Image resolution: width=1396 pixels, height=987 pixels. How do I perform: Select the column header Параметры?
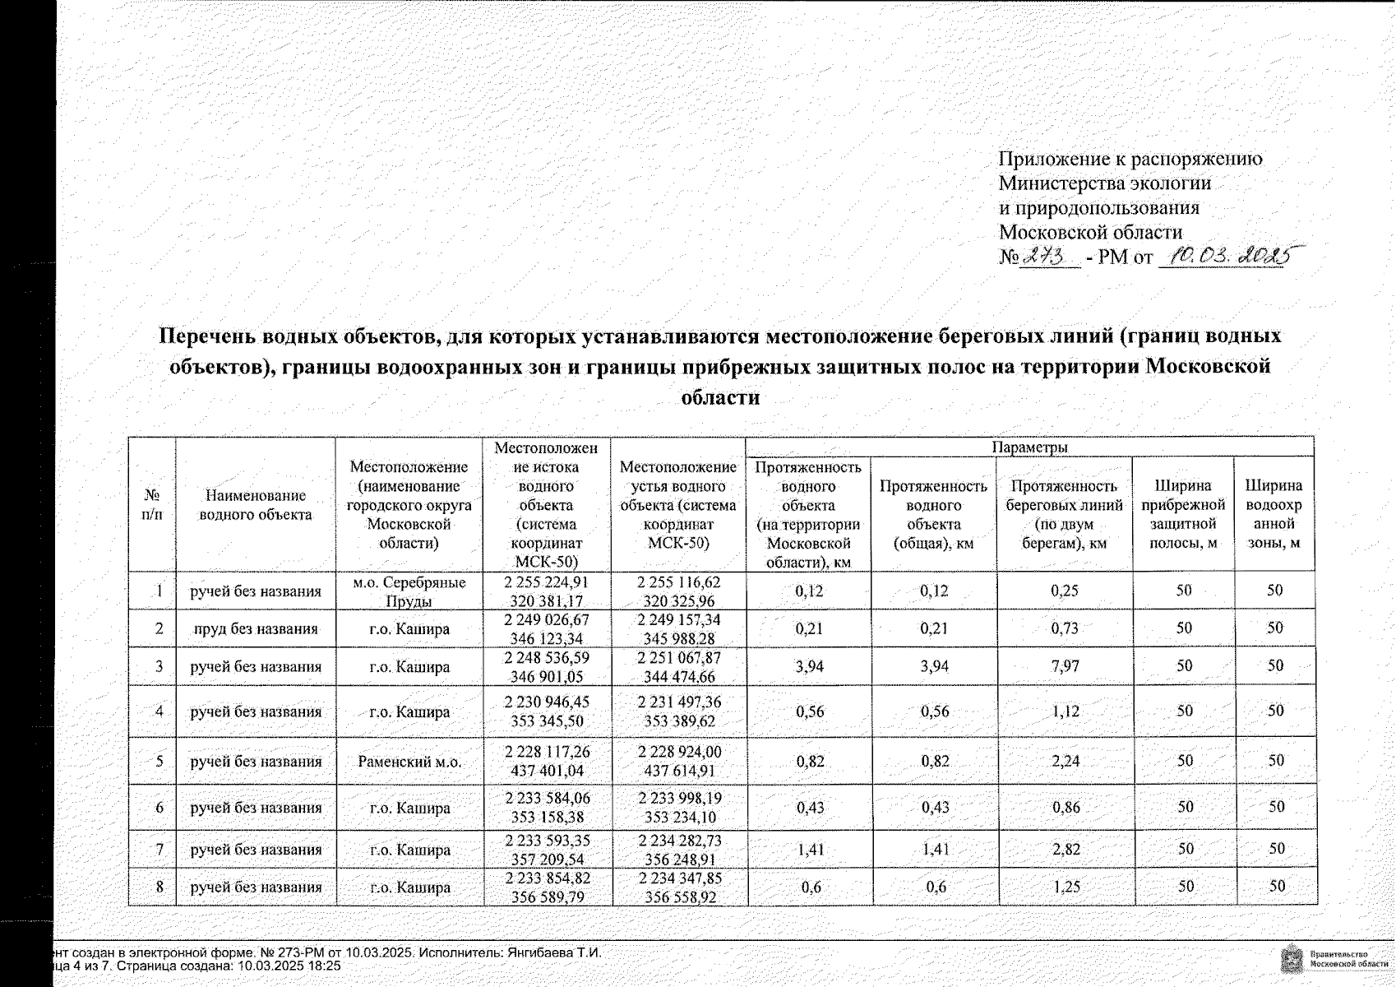tap(1029, 447)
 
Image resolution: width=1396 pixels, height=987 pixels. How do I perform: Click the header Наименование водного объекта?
tap(256, 505)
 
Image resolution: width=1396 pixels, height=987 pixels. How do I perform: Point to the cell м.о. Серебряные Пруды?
tap(409, 591)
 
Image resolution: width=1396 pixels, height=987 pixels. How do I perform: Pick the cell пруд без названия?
tap(256, 629)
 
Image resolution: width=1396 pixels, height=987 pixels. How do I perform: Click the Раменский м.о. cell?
tap(409, 762)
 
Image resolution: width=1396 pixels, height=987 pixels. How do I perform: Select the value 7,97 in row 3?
tap(1065, 666)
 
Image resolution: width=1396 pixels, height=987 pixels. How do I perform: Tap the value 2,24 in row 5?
tap(1065, 762)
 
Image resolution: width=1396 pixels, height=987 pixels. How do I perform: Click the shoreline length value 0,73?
tap(1065, 629)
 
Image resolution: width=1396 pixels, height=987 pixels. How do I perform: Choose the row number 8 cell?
tap(159, 887)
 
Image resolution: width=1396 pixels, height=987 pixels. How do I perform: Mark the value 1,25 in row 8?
tap(1065, 887)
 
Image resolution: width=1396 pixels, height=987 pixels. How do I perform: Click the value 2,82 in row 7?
tap(1065, 850)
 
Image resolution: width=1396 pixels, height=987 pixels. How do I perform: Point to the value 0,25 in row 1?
tap(1065, 591)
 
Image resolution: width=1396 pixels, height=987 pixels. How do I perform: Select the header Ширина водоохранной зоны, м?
tap(1274, 514)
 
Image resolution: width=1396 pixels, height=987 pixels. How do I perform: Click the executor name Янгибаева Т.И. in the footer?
tap(555, 952)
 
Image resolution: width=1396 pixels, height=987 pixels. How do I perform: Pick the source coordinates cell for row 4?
tap(548, 711)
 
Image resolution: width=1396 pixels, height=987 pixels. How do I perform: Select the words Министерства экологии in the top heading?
tap(1105, 183)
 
